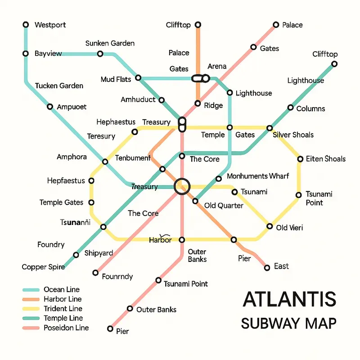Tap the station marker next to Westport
tap(26, 25)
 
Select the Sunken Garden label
tap(110, 44)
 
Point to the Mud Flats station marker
tap(139, 78)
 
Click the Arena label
tap(217, 67)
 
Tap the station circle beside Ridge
tap(198, 103)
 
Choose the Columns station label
tap(310, 108)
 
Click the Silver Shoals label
tap(293, 135)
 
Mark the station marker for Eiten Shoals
tap(300, 159)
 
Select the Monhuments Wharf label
tap(258, 176)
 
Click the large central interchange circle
tap(182, 186)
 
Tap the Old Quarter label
tap(224, 206)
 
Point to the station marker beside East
tap(267, 267)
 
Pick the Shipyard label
tap(99, 253)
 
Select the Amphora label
tap(72, 157)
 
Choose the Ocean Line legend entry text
tap(61, 289)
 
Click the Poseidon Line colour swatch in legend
tap(31, 328)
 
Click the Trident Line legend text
tap(63, 309)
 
